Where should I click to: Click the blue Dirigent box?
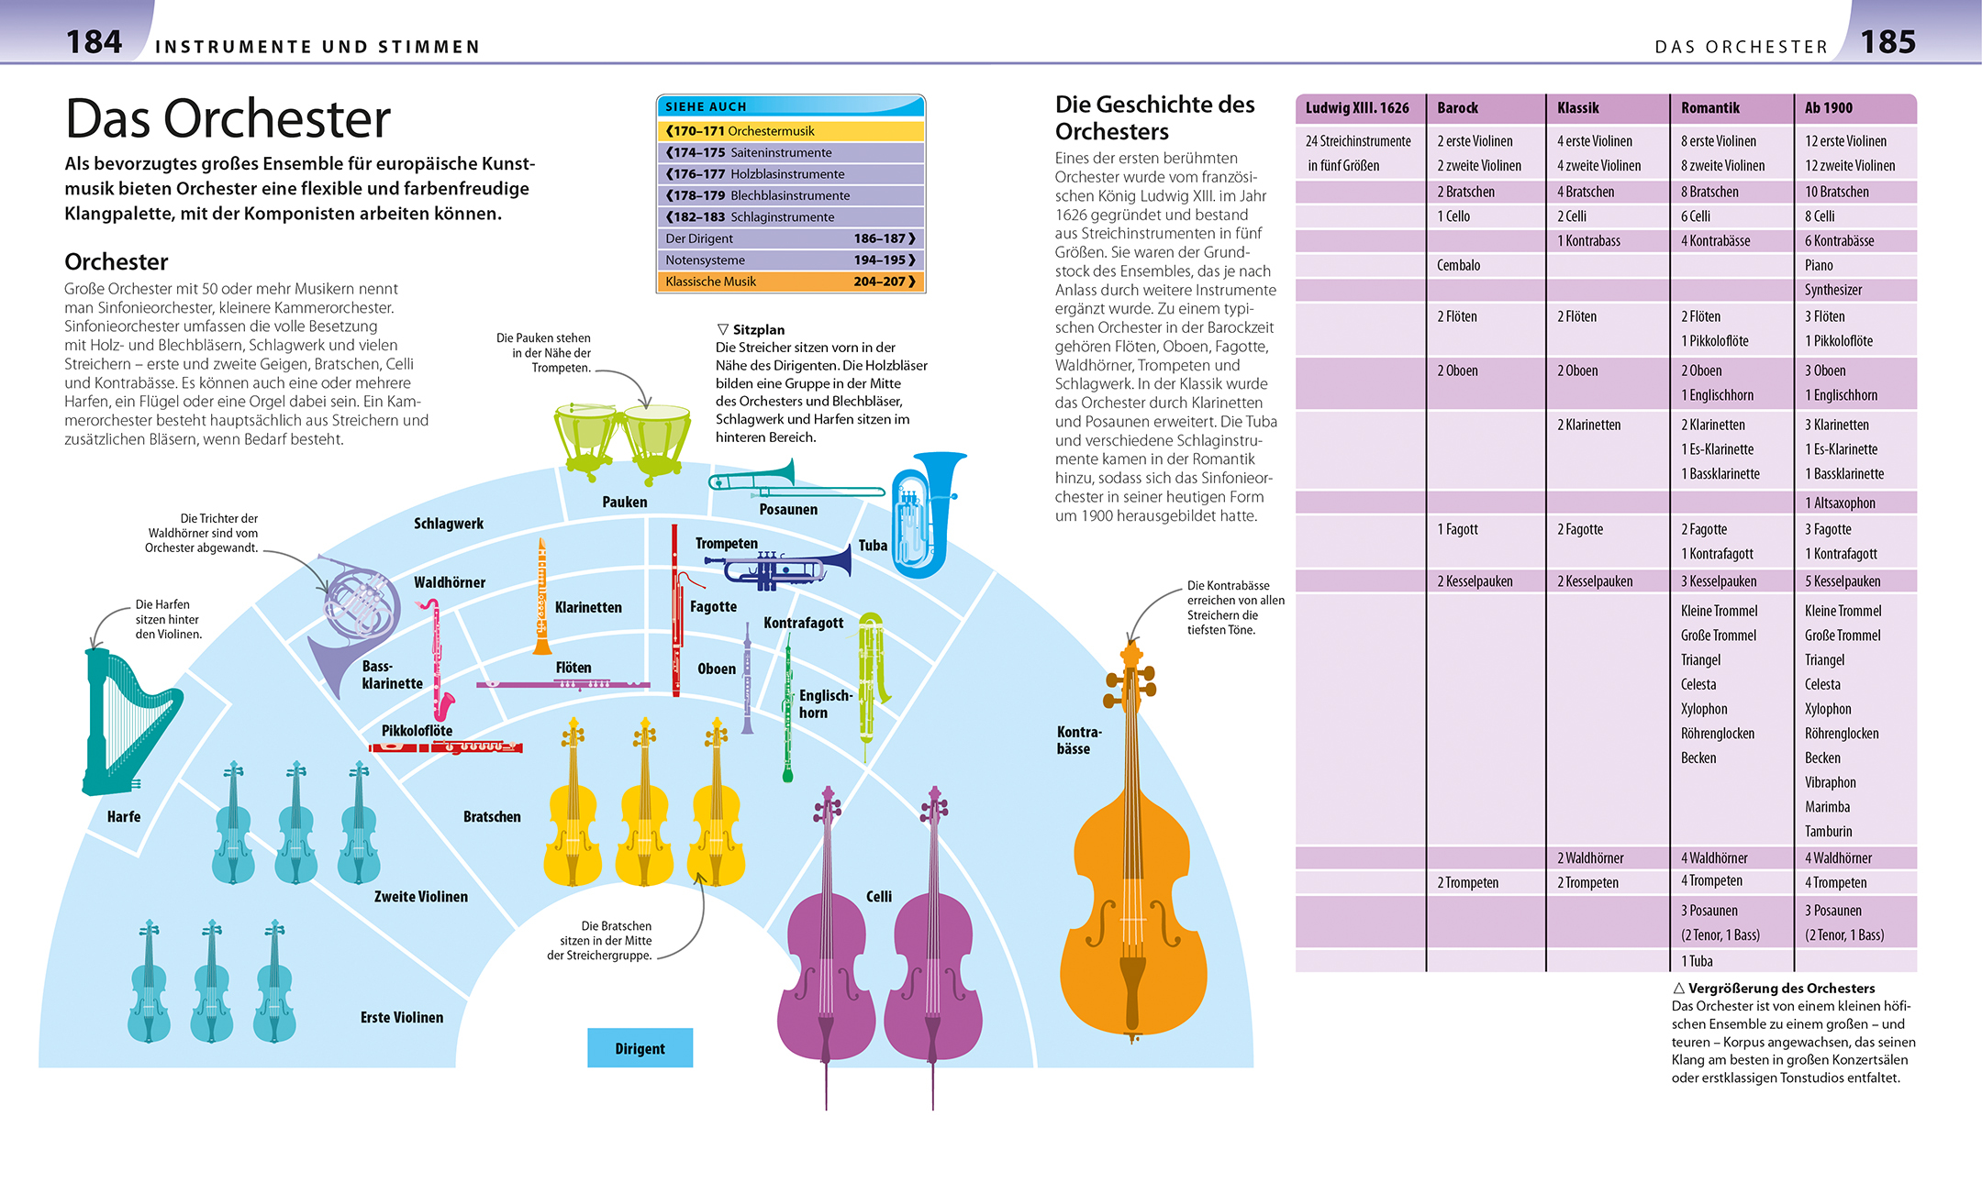click(640, 1048)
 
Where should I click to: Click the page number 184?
click(94, 42)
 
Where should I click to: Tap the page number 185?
click(1887, 42)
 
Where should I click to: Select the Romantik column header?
click(1710, 108)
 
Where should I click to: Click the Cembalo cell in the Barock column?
click(1459, 266)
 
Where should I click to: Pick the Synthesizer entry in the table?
click(1833, 290)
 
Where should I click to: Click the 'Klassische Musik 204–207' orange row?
click(790, 282)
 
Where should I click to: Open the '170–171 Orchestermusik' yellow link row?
click(790, 131)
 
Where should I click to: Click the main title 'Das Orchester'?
click(228, 119)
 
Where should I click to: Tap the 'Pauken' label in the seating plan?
click(625, 503)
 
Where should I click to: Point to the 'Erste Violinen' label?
click(402, 1017)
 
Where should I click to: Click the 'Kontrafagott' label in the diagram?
click(803, 624)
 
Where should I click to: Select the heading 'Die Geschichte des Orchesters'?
click(1154, 117)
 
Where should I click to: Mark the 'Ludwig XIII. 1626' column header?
click(1357, 108)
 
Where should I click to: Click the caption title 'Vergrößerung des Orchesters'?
click(1781, 989)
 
